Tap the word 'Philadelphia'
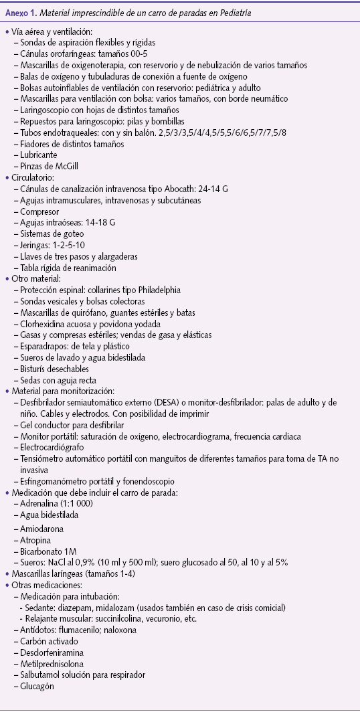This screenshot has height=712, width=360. [157, 290]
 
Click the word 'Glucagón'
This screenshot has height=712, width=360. [37, 685]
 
